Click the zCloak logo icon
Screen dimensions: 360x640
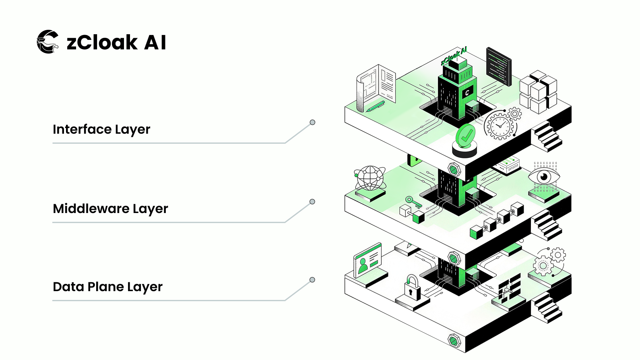tap(48, 41)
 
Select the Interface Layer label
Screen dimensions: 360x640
tap(101, 129)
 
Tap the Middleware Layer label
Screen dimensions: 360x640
tap(110, 209)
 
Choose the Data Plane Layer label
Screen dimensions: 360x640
tap(107, 287)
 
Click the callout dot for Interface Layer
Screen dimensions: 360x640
tap(312, 122)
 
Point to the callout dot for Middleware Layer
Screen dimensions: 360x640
tap(312, 202)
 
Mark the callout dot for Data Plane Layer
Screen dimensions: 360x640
tap(312, 280)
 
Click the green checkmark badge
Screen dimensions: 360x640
tap(465, 136)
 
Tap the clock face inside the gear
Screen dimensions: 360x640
tap(500, 125)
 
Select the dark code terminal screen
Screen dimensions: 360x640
tap(499, 66)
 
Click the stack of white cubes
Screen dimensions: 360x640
tap(538, 92)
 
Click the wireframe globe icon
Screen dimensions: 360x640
tap(370, 178)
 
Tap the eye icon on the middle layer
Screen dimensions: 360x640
tap(544, 177)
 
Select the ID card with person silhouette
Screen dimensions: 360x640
tap(367, 260)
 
